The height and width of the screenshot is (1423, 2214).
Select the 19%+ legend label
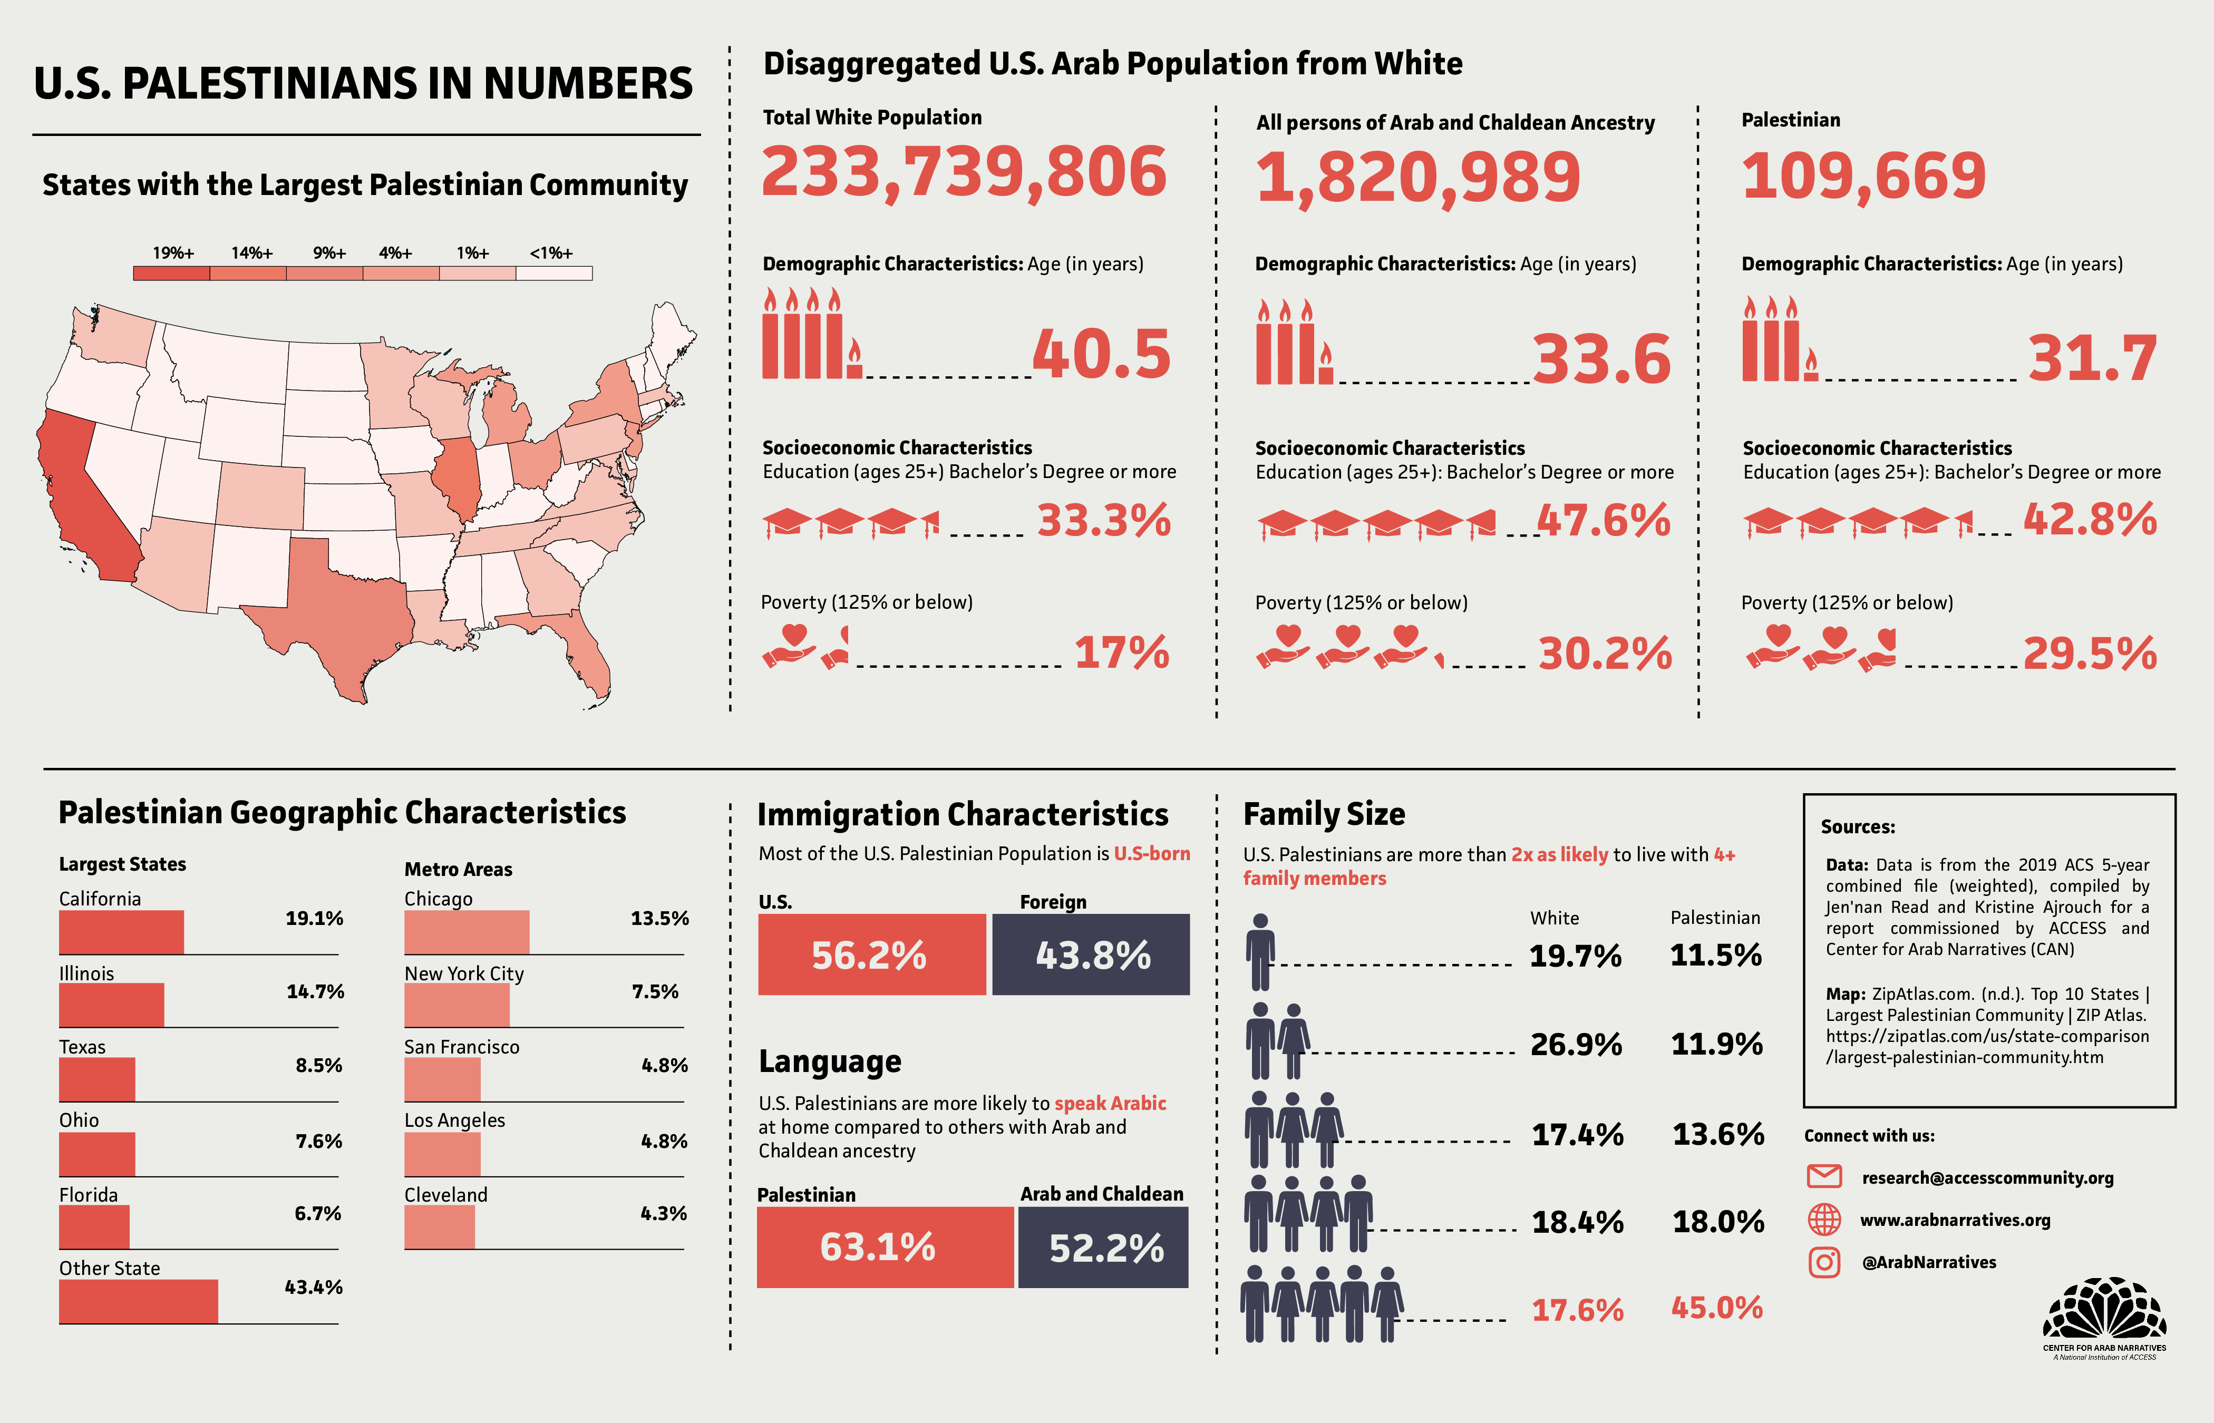(x=173, y=253)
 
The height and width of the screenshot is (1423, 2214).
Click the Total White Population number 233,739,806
(x=964, y=173)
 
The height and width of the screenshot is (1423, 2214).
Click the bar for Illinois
(x=111, y=1006)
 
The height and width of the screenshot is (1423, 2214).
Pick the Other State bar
(x=139, y=1301)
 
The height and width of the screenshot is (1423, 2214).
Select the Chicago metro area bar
(x=467, y=931)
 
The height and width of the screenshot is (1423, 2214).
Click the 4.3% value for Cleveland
(x=664, y=1213)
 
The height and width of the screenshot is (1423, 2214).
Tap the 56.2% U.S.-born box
(x=870, y=954)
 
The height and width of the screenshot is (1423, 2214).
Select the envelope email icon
(x=1823, y=1176)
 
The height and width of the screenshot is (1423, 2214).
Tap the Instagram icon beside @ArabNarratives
(x=1823, y=1262)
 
